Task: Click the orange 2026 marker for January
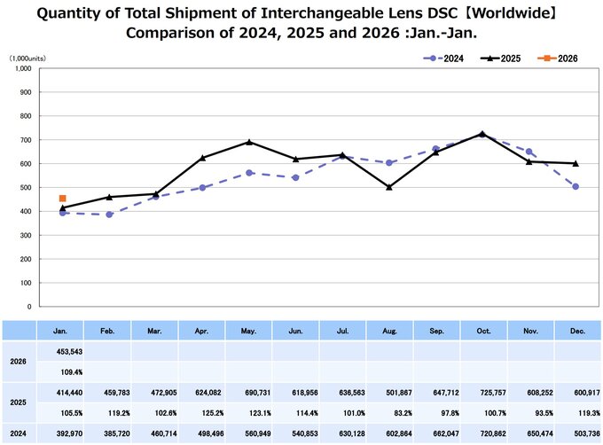point(62,199)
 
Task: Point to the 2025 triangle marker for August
point(389,187)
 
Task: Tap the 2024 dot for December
point(576,186)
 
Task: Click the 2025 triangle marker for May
point(249,142)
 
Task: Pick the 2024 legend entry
point(444,58)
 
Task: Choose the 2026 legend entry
point(559,58)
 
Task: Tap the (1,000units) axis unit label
point(28,58)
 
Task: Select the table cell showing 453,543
point(60,351)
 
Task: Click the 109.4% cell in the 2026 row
point(60,372)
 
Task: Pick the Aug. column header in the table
point(389,329)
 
